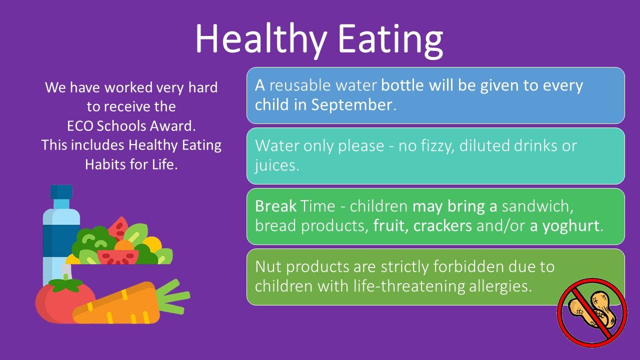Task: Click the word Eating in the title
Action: click(x=390, y=40)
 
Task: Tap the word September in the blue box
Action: click(x=351, y=105)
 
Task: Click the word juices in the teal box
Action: click(x=275, y=165)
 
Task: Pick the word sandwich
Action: click(x=537, y=206)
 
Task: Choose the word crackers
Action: click(x=442, y=225)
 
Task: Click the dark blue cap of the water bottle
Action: click(x=61, y=191)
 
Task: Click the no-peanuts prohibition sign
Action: click(x=592, y=313)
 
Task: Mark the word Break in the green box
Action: click(x=275, y=205)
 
